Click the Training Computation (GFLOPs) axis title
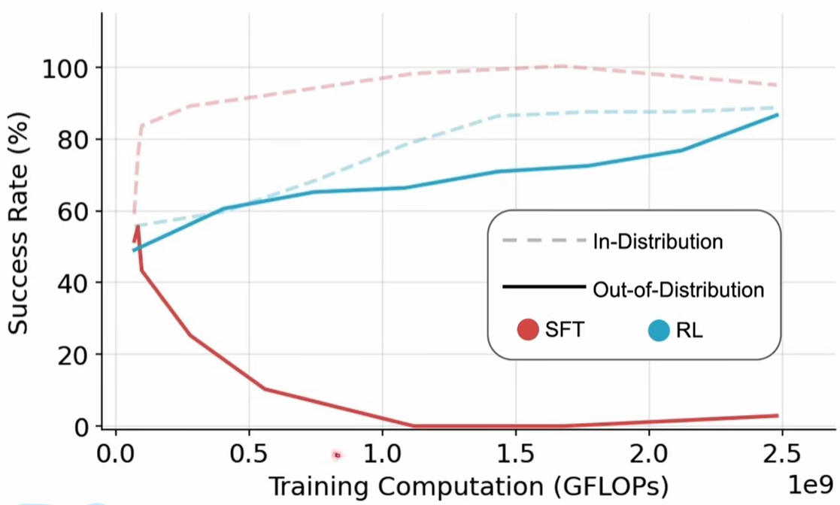pyautogui.click(x=468, y=486)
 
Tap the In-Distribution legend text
pyautogui.click(x=658, y=242)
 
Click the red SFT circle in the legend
pyautogui.click(x=528, y=329)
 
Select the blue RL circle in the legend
pyautogui.click(x=658, y=329)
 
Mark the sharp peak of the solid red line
pyautogui.click(x=136, y=227)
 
